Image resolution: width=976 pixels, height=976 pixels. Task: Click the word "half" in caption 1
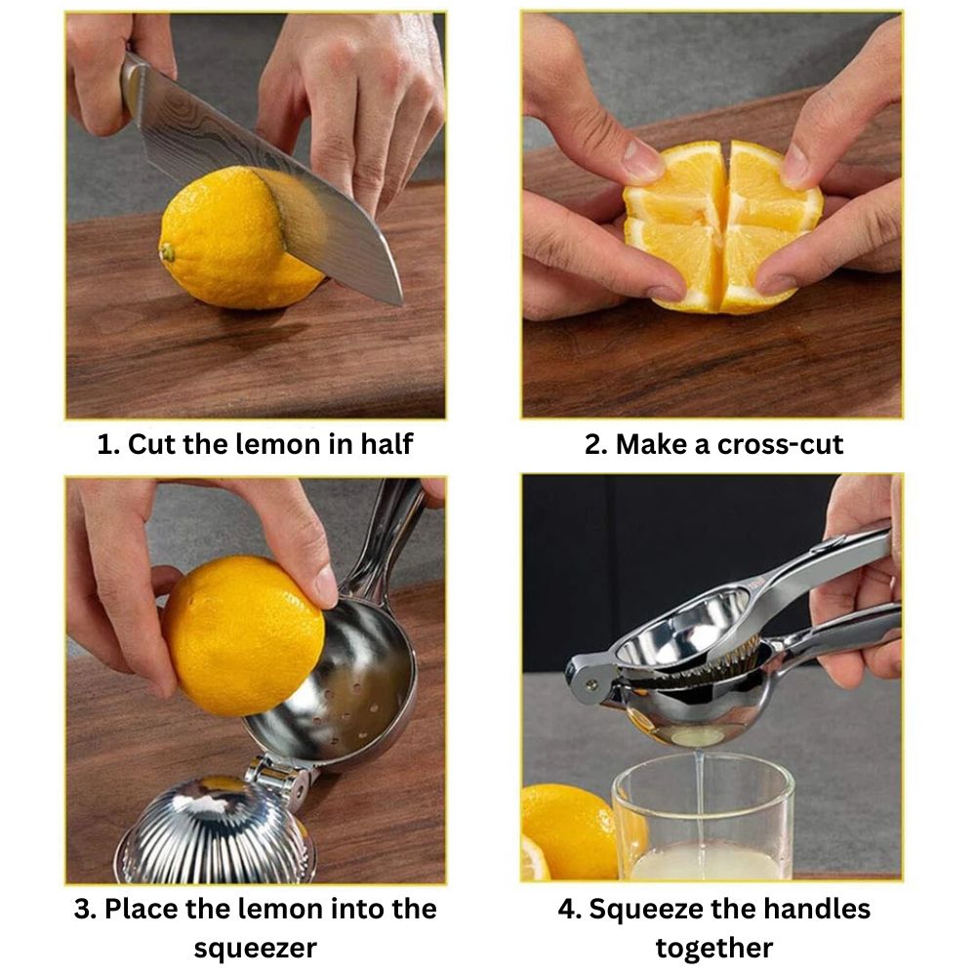(386, 444)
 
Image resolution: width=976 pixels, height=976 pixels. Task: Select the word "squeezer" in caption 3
(255, 949)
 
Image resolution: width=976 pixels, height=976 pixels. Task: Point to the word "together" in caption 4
(714, 948)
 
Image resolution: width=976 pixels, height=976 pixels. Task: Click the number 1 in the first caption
(105, 444)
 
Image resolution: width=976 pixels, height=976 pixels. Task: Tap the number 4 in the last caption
(566, 909)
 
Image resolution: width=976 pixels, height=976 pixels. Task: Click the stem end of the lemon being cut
(167, 252)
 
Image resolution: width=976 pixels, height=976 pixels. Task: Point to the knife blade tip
(399, 303)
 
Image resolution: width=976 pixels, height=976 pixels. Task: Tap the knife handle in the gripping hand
(132, 81)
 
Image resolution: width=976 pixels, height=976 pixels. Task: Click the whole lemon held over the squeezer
(243, 635)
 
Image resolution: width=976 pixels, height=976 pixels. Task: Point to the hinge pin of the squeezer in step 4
(590, 685)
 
